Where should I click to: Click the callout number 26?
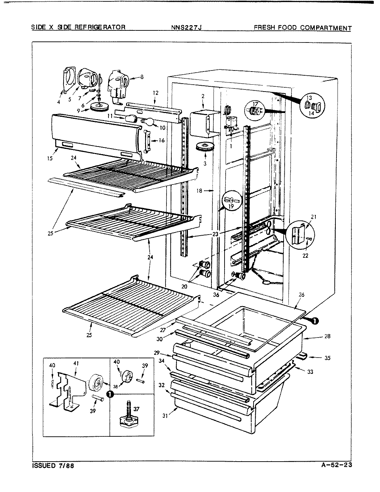(x=301, y=295)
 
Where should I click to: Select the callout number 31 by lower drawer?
(x=165, y=416)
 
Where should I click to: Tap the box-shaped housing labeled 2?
(x=201, y=122)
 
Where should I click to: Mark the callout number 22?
(x=305, y=256)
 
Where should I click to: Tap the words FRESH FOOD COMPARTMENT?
(x=303, y=28)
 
